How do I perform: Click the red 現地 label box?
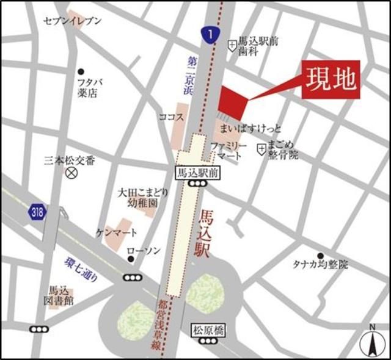coord(331,79)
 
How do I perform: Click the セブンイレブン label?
coord(72,21)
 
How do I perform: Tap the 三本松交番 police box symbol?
coord(71,173)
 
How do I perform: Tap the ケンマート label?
coord(117,232)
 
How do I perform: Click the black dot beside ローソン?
coord(131,260)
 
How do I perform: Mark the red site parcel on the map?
coord(233,103)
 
